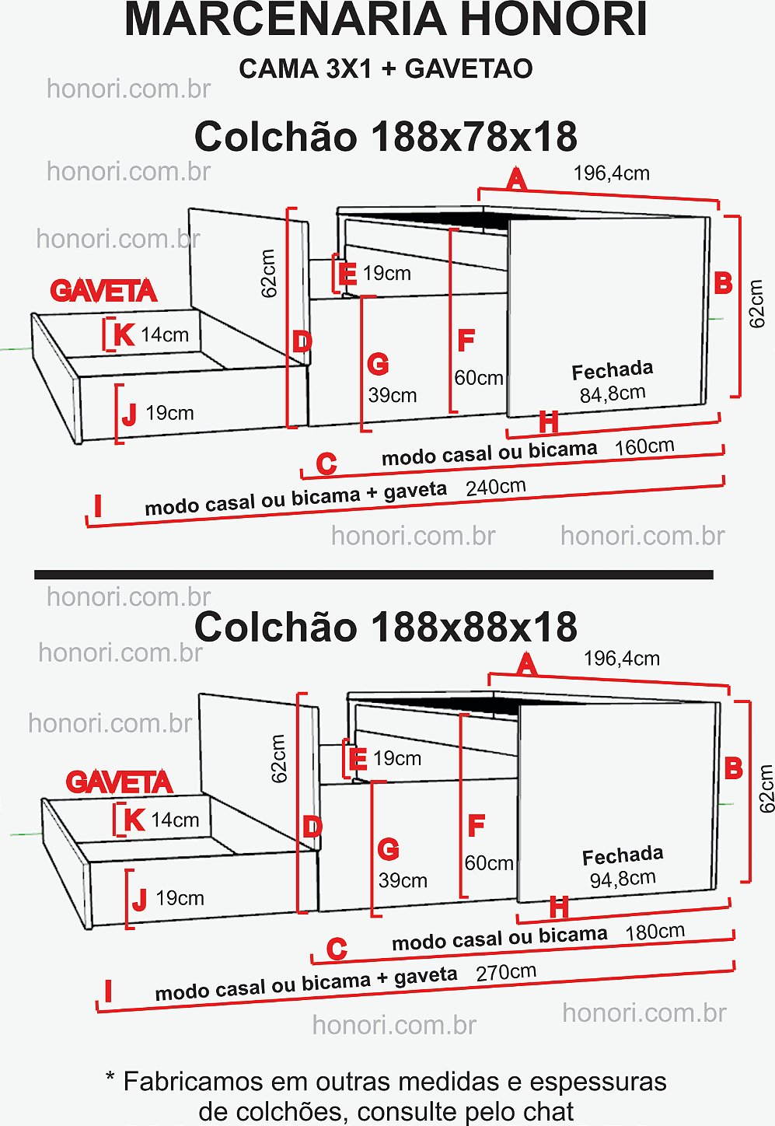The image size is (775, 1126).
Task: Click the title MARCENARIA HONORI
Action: tap(386, 20)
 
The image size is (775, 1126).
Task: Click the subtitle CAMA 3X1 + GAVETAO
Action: tap(386, 68)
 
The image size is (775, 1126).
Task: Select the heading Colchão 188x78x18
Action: tap(386, 137)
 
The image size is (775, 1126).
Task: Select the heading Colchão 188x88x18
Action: tap(386, 627)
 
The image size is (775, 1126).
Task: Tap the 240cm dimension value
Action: tap(496, 488)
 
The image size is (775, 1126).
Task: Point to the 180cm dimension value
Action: tap(655, 932)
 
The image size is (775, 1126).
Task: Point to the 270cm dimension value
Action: tap(506, 973)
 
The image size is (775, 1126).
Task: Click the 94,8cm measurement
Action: tap(623, 879)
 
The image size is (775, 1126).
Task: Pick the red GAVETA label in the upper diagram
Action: tap(103, 292)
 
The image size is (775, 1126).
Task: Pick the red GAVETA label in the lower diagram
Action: tap(119, 782)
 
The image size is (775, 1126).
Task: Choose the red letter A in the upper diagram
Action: tap(516, 180)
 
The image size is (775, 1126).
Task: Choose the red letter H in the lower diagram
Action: tap(559, 907)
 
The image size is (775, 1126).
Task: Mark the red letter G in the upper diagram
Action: tap(378, 365)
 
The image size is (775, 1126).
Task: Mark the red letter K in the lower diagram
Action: tap(134, 820)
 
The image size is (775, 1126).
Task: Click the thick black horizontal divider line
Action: tap(373, 575)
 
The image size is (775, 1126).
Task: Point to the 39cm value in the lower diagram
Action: tap(403, 880)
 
